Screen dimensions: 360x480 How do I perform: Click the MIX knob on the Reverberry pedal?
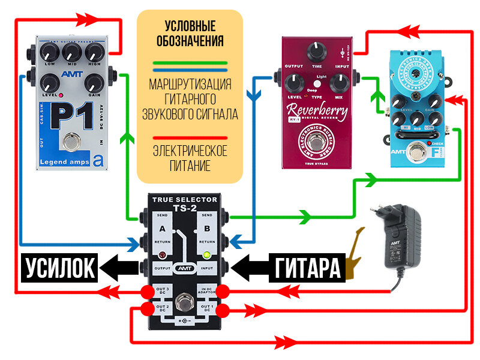click(x=340, y=84)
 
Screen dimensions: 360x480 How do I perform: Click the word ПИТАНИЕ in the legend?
click(x=190, y=165)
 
